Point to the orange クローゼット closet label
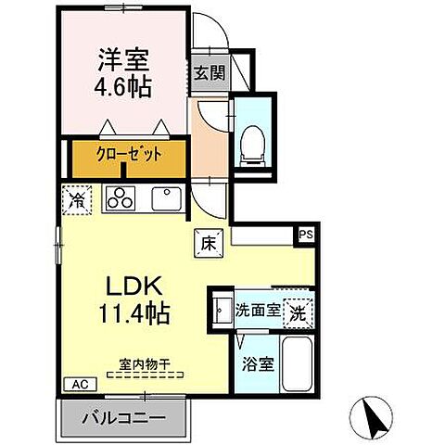click(x=130, y=155)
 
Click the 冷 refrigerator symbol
click(x=76, y=197)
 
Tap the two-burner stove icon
click(x=122, y=197)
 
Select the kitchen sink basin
click(x=167, y=197)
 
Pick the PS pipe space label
click(x=305, y=235)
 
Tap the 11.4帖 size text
click(x=127, y=313)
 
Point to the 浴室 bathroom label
click(x=258, y=364)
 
